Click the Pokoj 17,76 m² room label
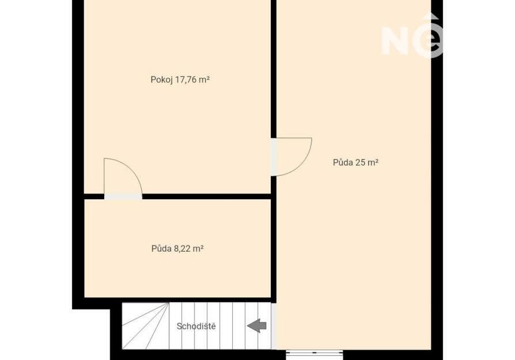coord(180,80)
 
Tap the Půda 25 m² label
coord(355,162)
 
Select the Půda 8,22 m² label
coord(177,249)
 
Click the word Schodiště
coord(196,326)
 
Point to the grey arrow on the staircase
coord(256,326)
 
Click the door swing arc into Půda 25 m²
coord(301,165)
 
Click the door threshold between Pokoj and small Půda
coord(123,196)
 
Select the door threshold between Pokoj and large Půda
coord(273,157)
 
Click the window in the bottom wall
coord(315,353)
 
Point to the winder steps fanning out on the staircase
coord(145,326)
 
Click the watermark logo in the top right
coord(412,36)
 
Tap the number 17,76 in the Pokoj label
coord(185,80)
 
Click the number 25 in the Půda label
coord(360,162)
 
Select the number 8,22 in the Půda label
coord(182,249)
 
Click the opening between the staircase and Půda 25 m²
coord(274,326)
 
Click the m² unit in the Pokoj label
coord(204,80)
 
